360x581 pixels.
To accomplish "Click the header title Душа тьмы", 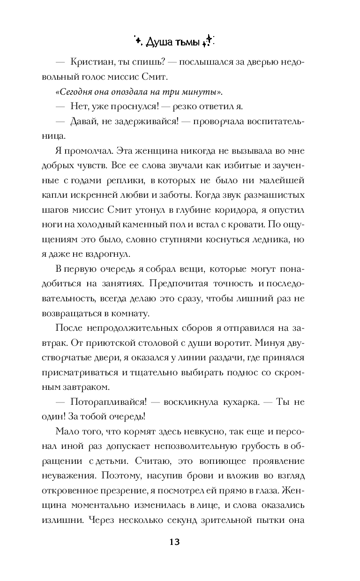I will tap(173, 43).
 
